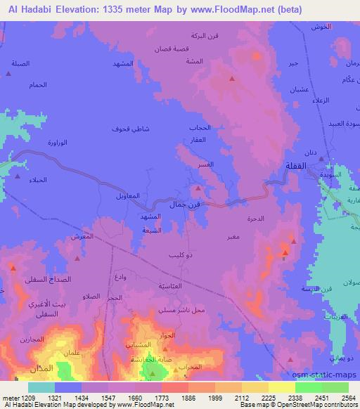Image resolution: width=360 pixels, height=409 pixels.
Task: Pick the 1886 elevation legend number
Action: pyautogui.click(x=187, y=397)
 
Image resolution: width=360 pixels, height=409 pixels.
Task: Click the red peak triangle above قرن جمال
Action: pyautogui.click(x=198, y=189)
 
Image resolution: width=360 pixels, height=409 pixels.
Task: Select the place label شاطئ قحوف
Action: pyautogui.click(x=128, y=129)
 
